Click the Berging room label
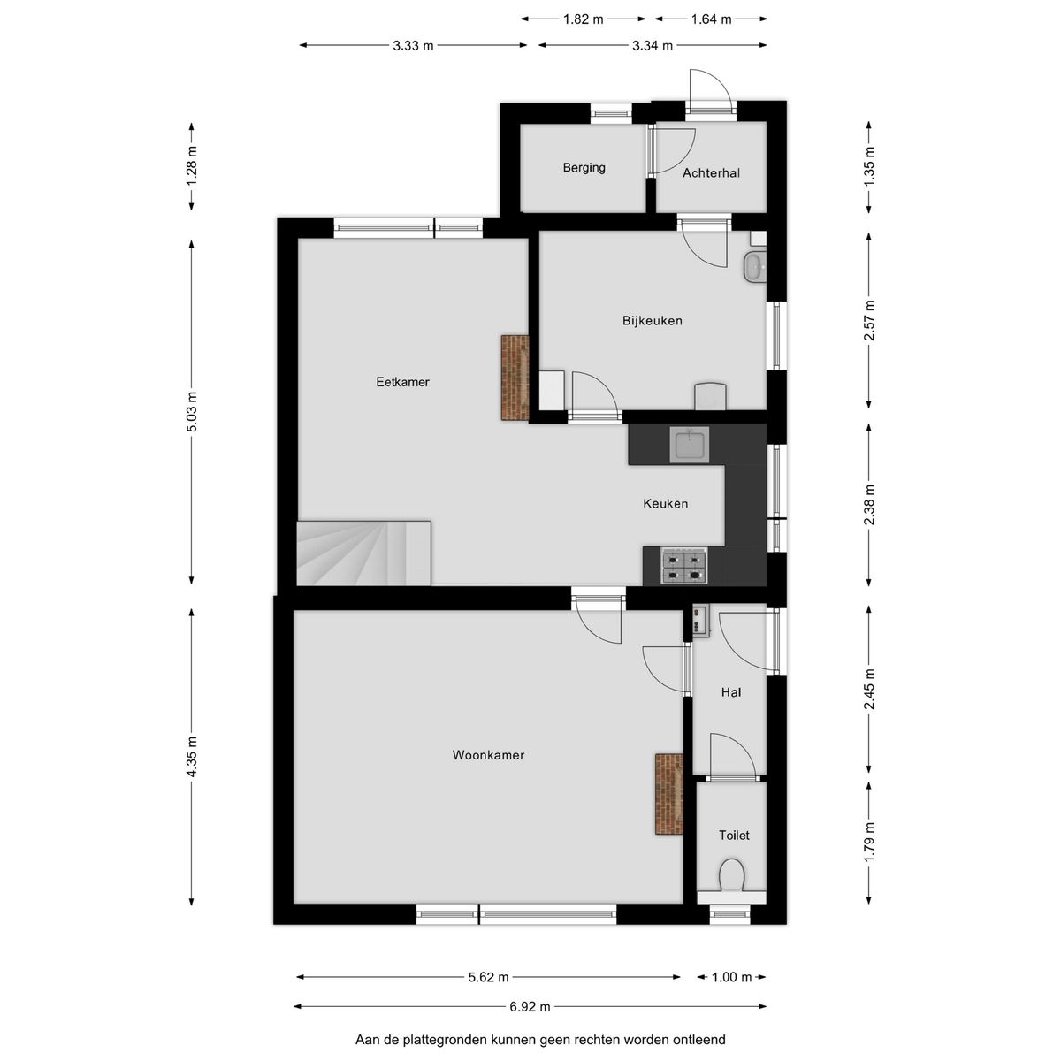point(584,168)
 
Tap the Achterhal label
point(711,173)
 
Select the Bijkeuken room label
point(653,320)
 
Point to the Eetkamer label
point(402,382)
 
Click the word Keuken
point(665,503)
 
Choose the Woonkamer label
point(488,755)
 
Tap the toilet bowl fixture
point(732,875)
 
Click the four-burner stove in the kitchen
point(685,567)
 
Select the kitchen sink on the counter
point(689,445)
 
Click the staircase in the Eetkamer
point(363,553)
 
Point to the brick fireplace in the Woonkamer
point(669,794)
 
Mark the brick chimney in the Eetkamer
point(515,378)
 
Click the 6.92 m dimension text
point(530,1007)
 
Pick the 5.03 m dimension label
point(192,412)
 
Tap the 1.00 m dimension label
point(731,977)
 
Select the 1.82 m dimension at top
point(583,19)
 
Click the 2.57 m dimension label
point(869,320)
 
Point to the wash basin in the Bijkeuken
point(754,268)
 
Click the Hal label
point(730,692)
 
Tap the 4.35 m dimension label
point(192,757)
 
